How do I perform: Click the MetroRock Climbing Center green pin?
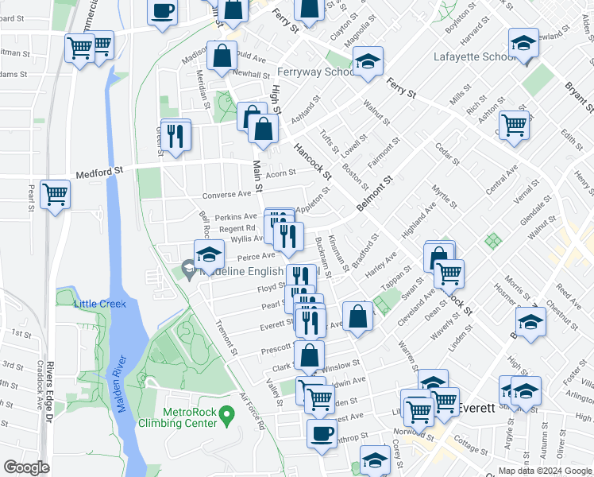tap(226, 415)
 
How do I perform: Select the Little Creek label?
tap(94, 304)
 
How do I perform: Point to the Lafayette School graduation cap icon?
tap(524, 44)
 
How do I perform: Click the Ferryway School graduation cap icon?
tap(368, 62)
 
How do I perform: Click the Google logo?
tap(26, 467)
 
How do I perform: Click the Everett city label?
tap(476, 407)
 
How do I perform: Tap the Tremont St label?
tap(227, 338)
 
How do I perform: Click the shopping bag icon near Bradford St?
tap(358, 316)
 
